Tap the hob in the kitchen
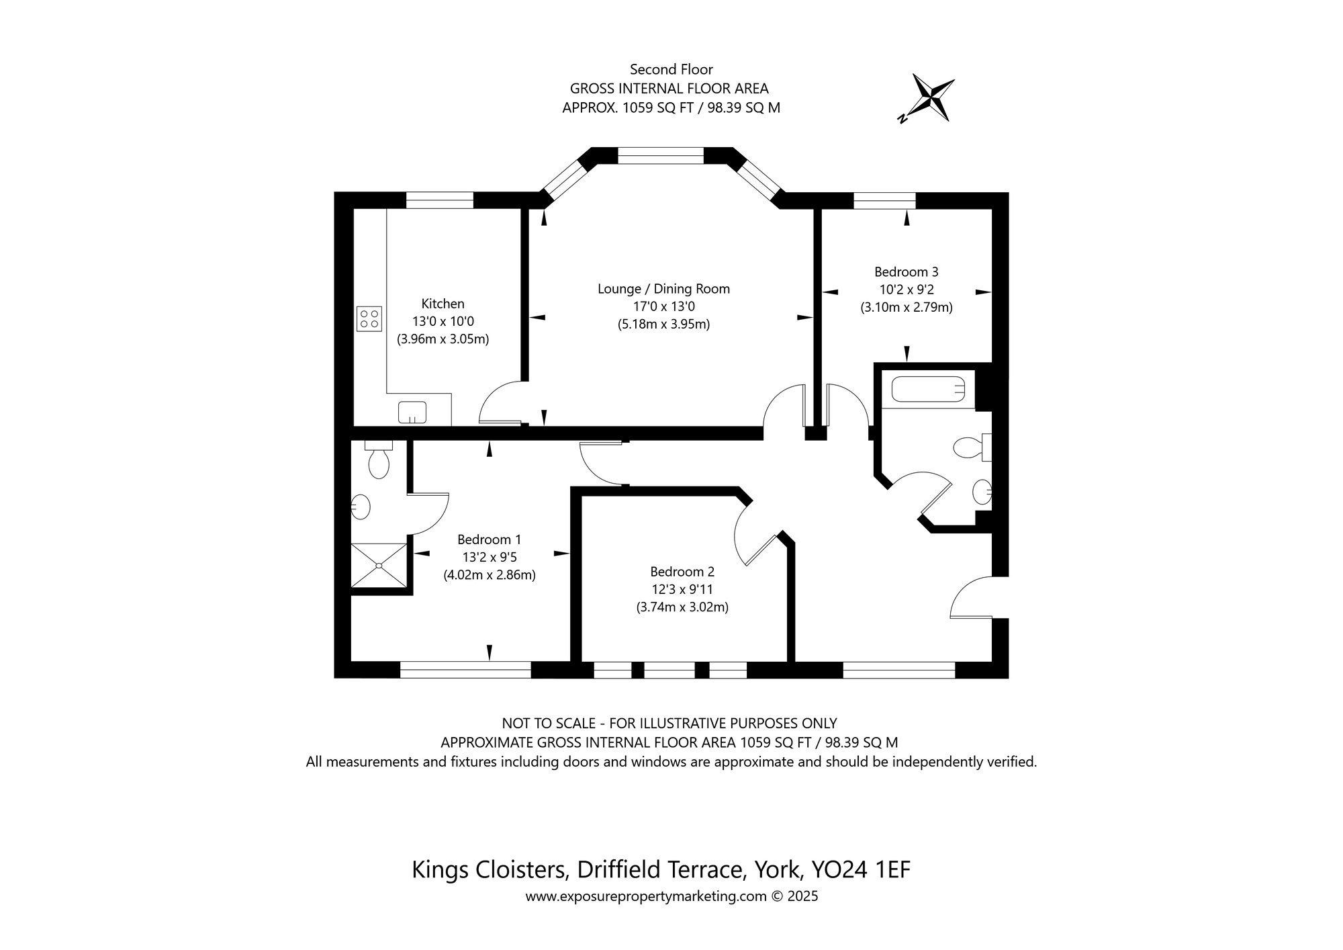pos(369,318)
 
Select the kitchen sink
pos(412,412)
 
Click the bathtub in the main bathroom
pos(928,389)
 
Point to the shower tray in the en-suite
pos(379,566)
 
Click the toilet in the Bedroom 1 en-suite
pos(379,460)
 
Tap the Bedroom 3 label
pos(906,272)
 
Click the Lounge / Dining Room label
pos(663,289)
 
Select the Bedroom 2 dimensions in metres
pos(682,607)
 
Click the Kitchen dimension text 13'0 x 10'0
pos(443,322)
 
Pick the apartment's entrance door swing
pos(970,598)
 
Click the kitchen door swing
pos(500,403)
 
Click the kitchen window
pos(439,200)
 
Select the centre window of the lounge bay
pos(660,156)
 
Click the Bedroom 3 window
pos(884,200)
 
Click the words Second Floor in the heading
pos(671,69)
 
